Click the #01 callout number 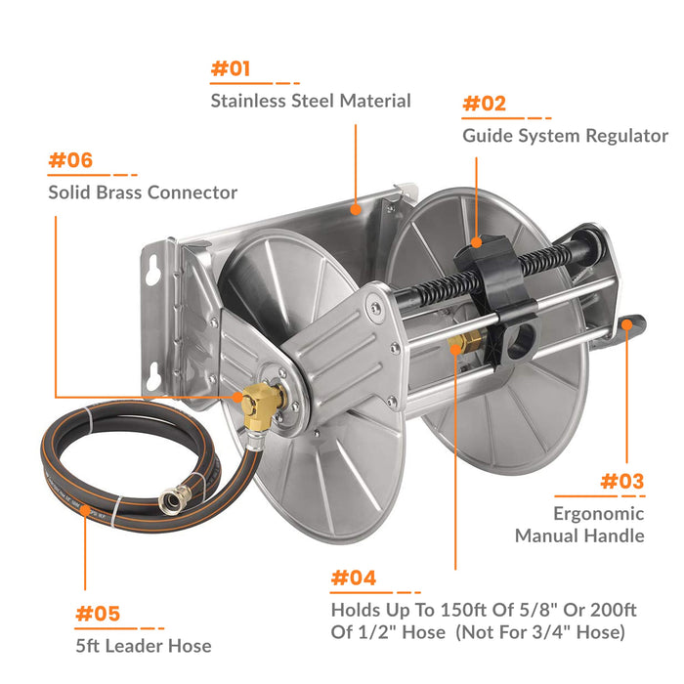click(x=231, y=68)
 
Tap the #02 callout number click(x=484, y=104)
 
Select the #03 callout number click(x=621, y=481)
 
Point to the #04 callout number click(x=353, y=577)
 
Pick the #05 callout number click(x=98, y=614)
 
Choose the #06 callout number click(x=71, y=160)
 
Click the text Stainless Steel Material click(x=311, y=101)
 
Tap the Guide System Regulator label click(x=565, y=136)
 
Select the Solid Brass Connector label click(x=143, y=192)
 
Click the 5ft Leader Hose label click(x=143, y=645)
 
